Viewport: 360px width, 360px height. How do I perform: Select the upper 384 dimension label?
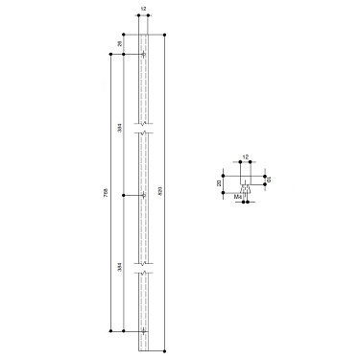[x=120, y=128]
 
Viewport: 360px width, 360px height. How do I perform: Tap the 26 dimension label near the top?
[x=120, y=44]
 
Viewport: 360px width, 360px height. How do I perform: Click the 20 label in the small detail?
[x=219, y=182]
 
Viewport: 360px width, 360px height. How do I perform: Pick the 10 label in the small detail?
[x=270, y=179]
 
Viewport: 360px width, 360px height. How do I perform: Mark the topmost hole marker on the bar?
[x=143, y=55]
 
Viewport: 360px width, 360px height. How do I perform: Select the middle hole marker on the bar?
[x=143, y=195]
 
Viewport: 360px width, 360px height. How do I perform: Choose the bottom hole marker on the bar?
[x=143, y=331]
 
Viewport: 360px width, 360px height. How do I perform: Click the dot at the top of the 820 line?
[x=166, y=36]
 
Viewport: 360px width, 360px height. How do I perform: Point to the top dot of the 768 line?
[x=111, y=55]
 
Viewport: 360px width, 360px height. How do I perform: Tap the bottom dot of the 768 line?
[x=111, y=331]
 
